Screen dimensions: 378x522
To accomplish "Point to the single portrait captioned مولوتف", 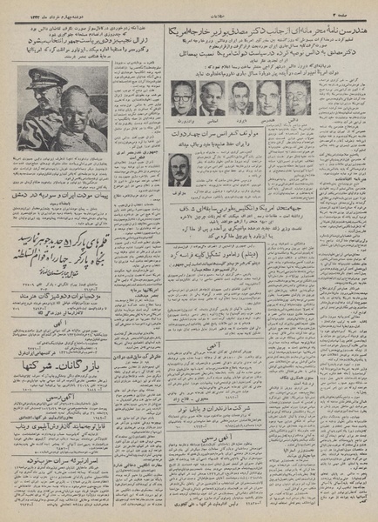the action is pos(179,169).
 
